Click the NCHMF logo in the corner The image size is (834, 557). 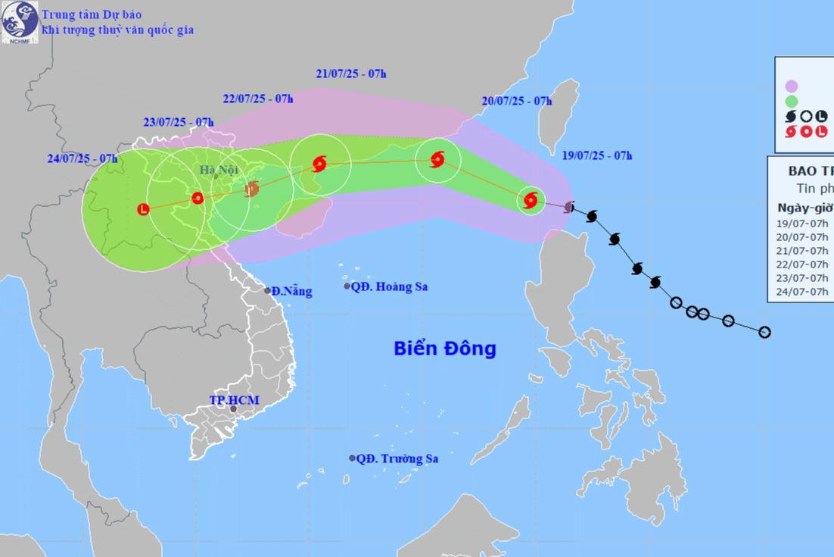point(20,21)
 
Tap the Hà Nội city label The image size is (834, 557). point(219,170)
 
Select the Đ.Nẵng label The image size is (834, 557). point(291,291)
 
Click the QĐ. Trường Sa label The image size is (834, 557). point(397,458)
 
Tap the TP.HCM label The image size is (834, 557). point(235,400)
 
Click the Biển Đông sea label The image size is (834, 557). point(445,349)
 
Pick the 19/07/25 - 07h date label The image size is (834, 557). point(598,155)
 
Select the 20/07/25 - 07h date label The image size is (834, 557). point(517,101)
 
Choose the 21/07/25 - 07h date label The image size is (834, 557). point(351,74)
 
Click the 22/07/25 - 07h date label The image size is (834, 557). point(258,99)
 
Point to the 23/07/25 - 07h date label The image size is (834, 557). point(179,122)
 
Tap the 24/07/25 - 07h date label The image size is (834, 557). point(82,158)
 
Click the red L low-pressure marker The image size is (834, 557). point(144,209)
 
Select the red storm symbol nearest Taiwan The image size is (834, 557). point(531,200)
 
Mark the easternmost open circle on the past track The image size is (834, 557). point(764,332)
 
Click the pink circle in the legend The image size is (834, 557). point(792,86)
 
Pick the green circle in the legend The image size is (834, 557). point(792,101)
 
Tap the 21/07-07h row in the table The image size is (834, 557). point(803,251)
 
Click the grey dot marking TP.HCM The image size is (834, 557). point(233,409)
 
